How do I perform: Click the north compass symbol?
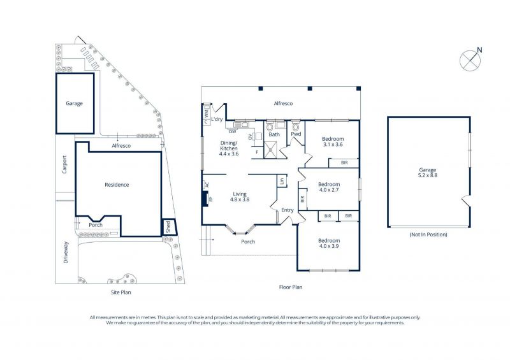coord(470,60)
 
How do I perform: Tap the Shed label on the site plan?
coord(168,226)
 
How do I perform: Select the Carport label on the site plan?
coord(64,164)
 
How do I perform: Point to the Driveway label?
coord(66,252)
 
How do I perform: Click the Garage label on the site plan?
coord(74,103)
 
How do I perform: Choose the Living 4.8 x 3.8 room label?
coord(240,197)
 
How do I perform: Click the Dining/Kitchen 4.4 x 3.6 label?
coord(229,148)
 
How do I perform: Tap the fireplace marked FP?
coord(205,199)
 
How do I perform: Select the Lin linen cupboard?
coord(282,181)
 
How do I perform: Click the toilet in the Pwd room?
coord(295,126)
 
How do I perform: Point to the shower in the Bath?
coord(270,150)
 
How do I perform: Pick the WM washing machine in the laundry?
coord(206,114)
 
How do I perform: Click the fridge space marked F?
coord(258,152)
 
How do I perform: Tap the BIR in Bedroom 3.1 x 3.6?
coord(344,162)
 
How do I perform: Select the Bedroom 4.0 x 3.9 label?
coord(329,243)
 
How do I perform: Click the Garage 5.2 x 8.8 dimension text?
coord(427,175)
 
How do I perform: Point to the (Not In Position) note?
coord(428,234)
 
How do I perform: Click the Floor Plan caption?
coord(291,287)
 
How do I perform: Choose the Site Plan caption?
coord(121,292)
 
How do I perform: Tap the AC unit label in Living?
coord(206,185)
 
